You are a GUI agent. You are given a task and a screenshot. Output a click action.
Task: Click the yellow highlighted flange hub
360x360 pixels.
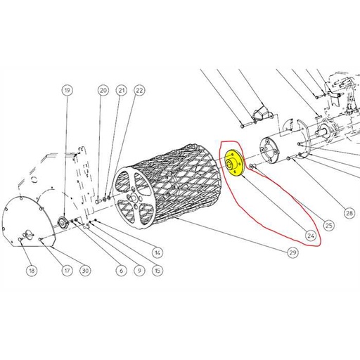tap(232, 165)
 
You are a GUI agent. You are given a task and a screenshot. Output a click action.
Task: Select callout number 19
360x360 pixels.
tap(67, 91)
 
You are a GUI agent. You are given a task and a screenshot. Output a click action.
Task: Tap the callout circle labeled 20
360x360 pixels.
tap(103, 91)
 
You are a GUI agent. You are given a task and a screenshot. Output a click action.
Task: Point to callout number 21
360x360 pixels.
tap(121, 91)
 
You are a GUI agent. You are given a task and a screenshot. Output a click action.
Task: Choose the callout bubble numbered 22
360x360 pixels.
tap(139, 91)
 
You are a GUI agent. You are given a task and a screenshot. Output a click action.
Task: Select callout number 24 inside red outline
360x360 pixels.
tap(310, 234)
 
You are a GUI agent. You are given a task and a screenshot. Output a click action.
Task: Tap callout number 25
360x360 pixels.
tap(328, 226)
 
